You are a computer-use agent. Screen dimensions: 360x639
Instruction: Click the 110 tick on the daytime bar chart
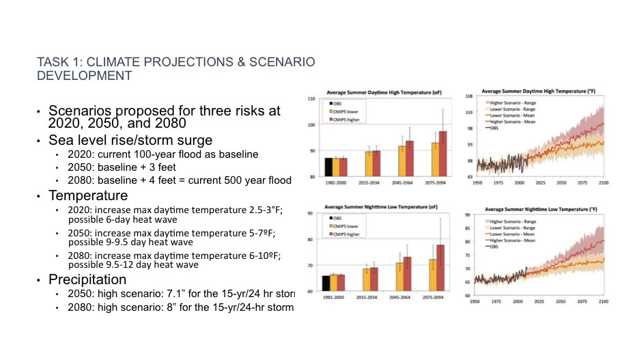(311, 100)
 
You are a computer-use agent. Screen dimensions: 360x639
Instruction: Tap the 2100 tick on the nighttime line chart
(603, 301)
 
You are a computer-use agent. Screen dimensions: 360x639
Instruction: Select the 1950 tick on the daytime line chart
(478, 182)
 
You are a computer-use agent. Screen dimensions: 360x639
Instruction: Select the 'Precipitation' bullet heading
(87, 279)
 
